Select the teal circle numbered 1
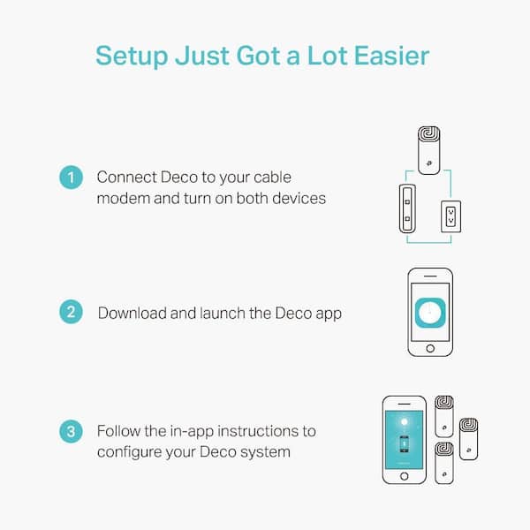pyautogui.click(x=72, y=178)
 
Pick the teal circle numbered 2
pyautogui.click(x=72, y=312)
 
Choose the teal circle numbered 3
pyautogui.click(x=72, y=432)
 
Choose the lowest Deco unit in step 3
pyautogui.click(x=443, y=462)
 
